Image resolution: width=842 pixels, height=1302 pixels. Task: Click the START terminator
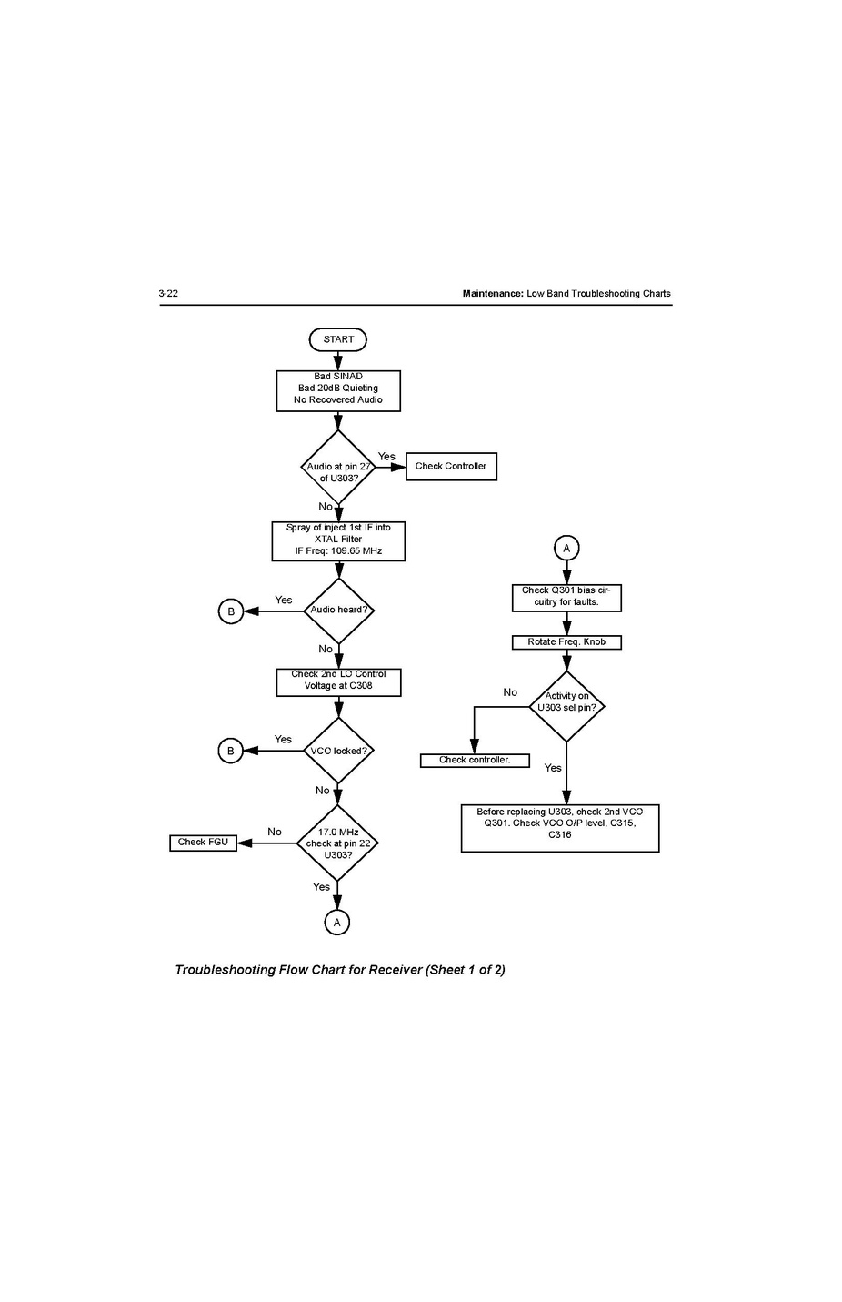(x=338, y=339)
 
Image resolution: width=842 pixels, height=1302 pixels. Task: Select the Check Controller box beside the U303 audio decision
(x=451, y=467)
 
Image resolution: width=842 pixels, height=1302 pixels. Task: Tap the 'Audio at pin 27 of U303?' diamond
(x=338, y=468)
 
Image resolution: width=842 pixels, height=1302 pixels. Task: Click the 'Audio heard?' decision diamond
(x=338, y=611)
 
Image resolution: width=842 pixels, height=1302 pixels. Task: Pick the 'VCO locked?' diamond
(x=338, y=751)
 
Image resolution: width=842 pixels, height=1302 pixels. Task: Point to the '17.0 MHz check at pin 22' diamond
(x=337, y=843)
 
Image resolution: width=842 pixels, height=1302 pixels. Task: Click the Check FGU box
(x=203, y=843)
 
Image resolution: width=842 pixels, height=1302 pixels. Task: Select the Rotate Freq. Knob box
(x=566, y=642)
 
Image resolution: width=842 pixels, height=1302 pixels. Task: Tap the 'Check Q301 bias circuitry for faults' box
(x=566, y=597)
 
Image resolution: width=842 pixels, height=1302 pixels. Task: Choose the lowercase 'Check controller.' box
(x=475, y=761)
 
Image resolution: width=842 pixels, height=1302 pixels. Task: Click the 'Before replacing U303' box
(x=559, y=827)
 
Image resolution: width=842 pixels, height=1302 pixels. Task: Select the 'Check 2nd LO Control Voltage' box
(x=338, y=681)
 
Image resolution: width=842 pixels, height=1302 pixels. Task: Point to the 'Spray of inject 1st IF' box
(x=338, y=540)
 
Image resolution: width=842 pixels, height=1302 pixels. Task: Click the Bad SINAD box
(x=338, y=389)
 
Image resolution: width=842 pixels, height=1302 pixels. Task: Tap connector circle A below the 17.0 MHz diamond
(x=337, y=923)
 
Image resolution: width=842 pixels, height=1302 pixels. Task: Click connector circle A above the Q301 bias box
(x=566, y=548)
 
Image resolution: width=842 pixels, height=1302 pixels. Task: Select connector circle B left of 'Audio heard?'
(x=231, y=611)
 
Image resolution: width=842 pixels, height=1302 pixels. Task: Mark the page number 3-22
(x=168, y=294)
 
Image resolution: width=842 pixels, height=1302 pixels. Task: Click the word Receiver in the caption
(x=395, y=970)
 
